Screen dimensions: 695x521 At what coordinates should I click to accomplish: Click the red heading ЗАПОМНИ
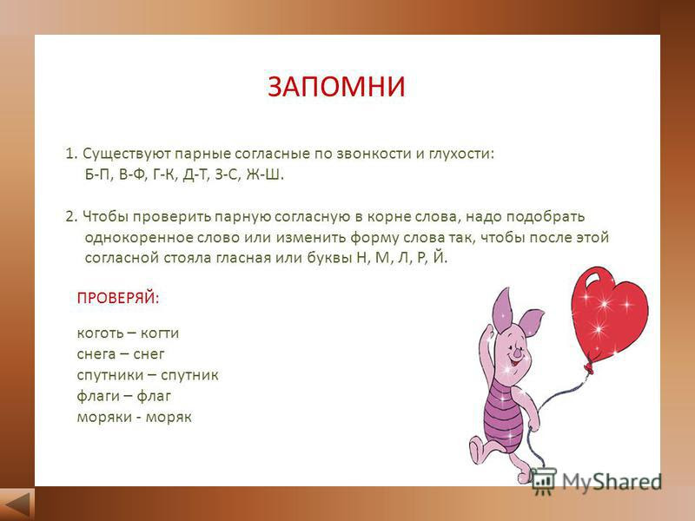pos(336,86)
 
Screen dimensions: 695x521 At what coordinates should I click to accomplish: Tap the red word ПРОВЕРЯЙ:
pos(118,298)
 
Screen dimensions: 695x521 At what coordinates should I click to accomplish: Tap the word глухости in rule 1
pos(461,155)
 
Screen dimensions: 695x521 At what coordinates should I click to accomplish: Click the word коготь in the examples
pos(99,333)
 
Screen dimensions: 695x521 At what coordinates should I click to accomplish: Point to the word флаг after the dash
pos(154,396)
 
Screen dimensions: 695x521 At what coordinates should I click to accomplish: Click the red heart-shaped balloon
pos(609,313)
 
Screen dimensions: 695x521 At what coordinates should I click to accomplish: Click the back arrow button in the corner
pos(17,505)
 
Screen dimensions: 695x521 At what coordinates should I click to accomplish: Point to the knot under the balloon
pos(589,367)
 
